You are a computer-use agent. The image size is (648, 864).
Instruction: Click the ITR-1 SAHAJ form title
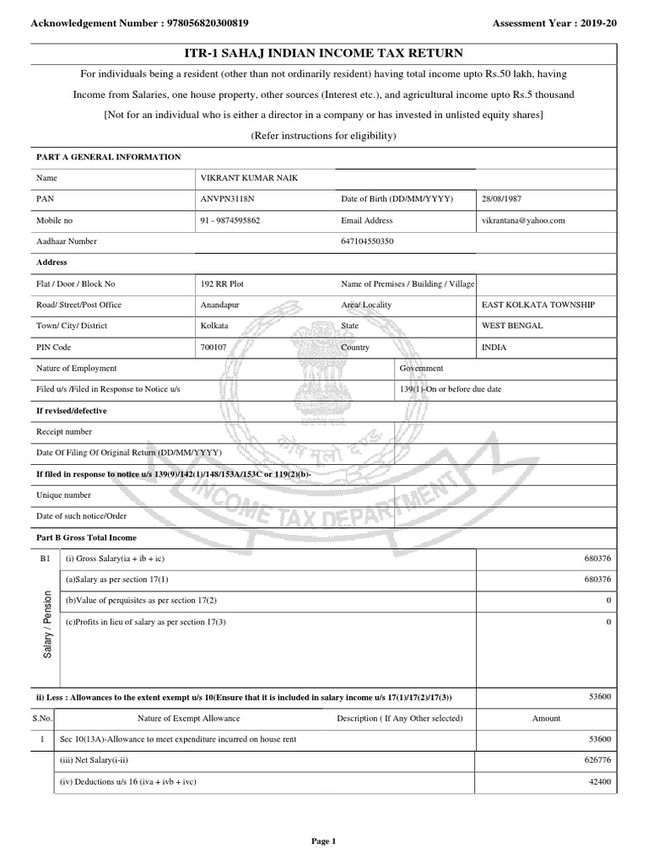[323, 53]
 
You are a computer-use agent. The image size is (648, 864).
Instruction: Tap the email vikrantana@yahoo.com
[523, 220]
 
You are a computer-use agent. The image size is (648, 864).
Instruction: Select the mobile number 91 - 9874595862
[230, 220]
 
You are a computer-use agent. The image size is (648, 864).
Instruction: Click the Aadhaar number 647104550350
[368, 241]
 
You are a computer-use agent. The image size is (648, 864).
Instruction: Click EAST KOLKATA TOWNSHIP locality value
[537, 305]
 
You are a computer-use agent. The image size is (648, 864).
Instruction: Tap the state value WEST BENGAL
[512, 326]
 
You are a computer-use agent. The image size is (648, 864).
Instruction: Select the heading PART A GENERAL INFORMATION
[108, 157]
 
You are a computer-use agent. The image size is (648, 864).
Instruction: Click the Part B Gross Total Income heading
[86, 537]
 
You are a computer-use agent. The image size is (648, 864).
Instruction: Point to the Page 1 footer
[323, 840]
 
